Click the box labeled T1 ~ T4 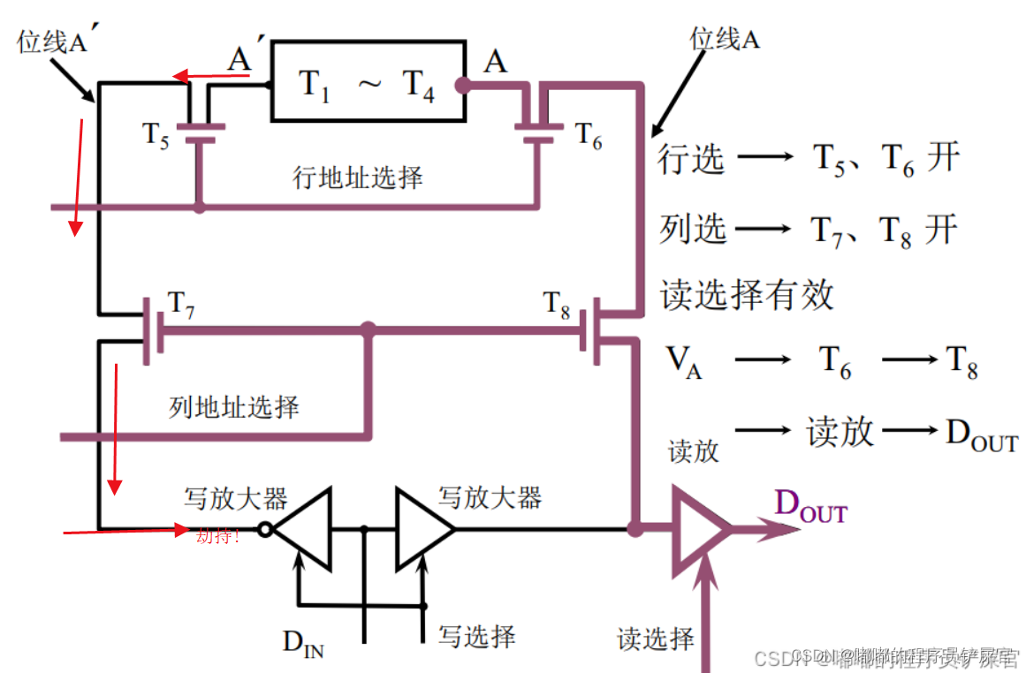click(367, 80)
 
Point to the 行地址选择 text click(358, 178)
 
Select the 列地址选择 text click(234, 407)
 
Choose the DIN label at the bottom click(303, 642)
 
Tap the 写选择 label click(477, 635)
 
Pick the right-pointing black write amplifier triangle click(422, 530)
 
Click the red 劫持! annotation click(217, 535)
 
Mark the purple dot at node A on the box click(461, 86)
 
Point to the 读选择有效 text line click(747, 294)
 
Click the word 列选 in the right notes click(693, 229)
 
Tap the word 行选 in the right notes click(691, 160)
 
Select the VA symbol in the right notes click(683, 361)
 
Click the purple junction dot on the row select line click(199, 208)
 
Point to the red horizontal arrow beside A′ click(209, 77)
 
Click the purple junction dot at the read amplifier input click(634, 529)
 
